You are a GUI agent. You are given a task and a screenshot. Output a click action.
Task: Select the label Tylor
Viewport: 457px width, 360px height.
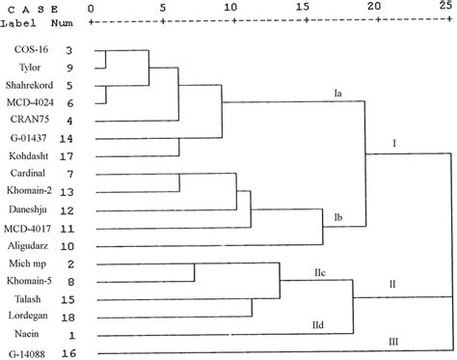[x=29, y=67]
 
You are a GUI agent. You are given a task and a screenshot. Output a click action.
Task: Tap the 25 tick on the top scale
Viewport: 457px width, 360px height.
[x=443, y=6]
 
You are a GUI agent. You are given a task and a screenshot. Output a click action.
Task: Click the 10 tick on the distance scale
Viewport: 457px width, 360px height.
[x=229, y=6]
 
